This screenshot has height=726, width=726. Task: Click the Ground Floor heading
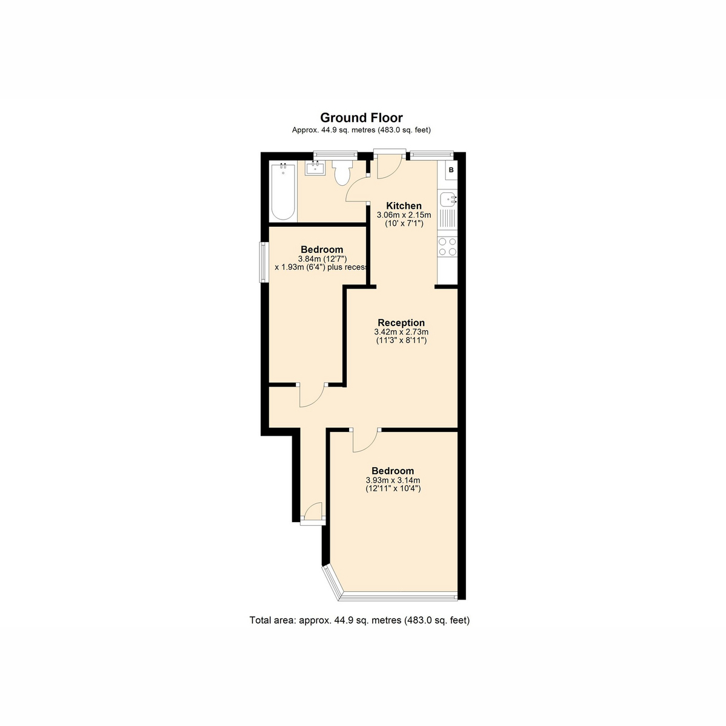pyautogui.click(x=361, y=118)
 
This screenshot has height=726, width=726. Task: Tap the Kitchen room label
pyautogui.click(x=404, y=206)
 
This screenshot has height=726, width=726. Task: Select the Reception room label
pyautogui.click(x=401, y=322)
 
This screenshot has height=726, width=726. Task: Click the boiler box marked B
pyautogui.click(x=451, y=170)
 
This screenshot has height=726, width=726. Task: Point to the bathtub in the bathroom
pyautogui.click(x=283, y=191)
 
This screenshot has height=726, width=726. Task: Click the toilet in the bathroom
pyautogui.click(x=342, y=172)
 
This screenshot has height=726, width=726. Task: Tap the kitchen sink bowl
pyautogui.click(x=448, y=198)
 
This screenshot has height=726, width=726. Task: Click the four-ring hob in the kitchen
pyautogui.click(x=447, y=247)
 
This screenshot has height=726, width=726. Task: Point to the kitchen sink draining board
pyautogui.click(x=447, y=218)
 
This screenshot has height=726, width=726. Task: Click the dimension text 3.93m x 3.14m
pyautogui.click(x=393, y=480)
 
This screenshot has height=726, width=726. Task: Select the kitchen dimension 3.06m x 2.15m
pyautogui.click(x=404, y=215)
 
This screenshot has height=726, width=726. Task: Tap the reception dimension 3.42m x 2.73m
pyautogui.click(x=401, y=332)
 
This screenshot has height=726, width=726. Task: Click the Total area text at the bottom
pyautogui.click(x=359, y=620)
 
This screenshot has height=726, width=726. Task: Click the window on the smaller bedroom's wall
pyautogui.click(x=263, y=262)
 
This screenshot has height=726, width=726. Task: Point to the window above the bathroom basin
pyautogui.click(x=336, y=154)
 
